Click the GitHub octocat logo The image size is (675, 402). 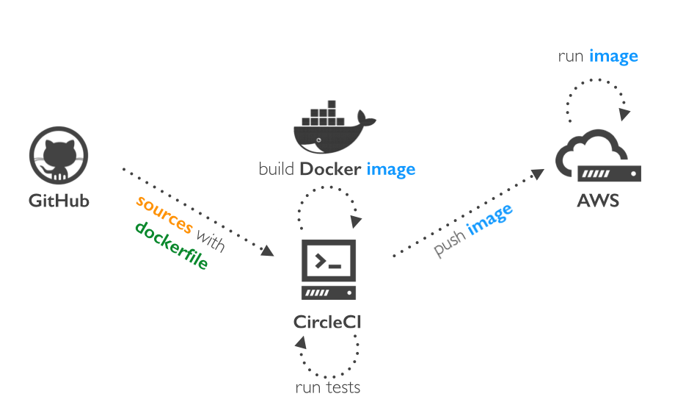pos(59,157)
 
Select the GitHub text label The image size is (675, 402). pos(59,200)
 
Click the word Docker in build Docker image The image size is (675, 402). pos(330,170)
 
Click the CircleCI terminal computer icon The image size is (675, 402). pos(329,269)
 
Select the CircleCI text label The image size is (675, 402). pos(327,322)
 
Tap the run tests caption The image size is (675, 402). pos(327,387)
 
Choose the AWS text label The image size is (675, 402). pos(597,200)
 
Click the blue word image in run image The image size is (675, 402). pos(613,56)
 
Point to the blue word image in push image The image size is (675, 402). pos(490,220)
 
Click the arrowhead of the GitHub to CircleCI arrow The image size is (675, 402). pos(267,251)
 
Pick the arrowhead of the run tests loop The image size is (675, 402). pos(301,342)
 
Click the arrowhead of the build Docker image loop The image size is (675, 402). pos(356,221)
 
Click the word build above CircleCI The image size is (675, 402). pos(277,170)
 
